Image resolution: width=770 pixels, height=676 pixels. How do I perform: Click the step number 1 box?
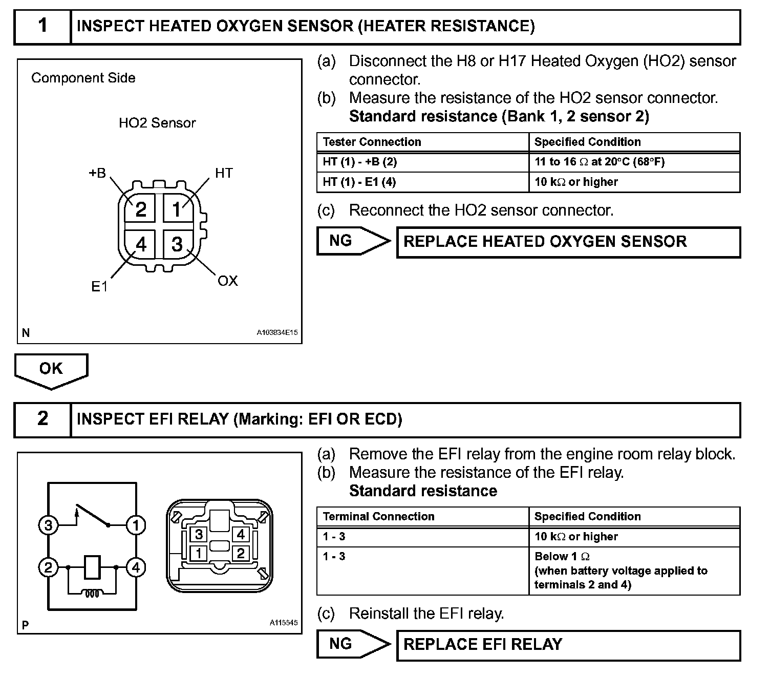42,26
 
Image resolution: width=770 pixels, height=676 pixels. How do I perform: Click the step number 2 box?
42,419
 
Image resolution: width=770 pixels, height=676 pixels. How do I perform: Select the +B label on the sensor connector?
97,173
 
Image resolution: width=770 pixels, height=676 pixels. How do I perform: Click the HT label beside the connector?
224,173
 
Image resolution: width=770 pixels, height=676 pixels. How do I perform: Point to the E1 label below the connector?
99,287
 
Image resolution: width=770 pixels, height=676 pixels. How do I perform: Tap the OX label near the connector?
228,281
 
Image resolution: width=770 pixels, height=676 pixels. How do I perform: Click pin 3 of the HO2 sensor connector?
177,244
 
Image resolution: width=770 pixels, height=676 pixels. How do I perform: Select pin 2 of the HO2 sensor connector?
141,209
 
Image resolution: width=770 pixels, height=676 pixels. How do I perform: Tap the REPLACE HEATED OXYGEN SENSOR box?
568,242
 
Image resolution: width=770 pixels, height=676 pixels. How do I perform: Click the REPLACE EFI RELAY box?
568,644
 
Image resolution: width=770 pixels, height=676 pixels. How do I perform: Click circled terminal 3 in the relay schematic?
48,525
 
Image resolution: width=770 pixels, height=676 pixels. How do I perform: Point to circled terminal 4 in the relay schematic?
136,567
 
